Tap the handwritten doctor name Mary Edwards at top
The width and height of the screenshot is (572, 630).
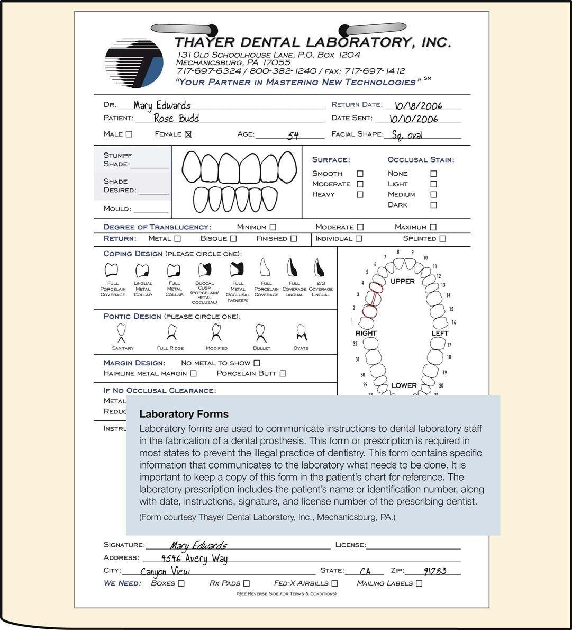coord(162,105)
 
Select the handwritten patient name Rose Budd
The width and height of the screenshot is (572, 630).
coord(176,118)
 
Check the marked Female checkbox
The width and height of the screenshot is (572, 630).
coord(188,134)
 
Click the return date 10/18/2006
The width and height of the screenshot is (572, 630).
coord(418,106)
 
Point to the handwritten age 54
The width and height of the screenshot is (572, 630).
coord(293,136)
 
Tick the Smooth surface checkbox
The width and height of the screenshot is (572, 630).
coord(360,174)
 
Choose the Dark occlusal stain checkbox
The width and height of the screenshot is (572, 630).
coord(433,205)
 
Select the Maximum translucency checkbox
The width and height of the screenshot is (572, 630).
coord(433,227)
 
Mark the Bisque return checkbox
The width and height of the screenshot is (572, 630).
coord(233,239)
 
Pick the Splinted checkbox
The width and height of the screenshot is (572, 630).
coord(442,239)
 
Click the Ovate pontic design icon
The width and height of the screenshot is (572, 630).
coord(301,332)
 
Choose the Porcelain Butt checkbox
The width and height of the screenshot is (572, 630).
coord(283,373)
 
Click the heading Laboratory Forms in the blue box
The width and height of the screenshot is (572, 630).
coord(184,414)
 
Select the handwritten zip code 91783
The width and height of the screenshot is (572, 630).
coord(435,571)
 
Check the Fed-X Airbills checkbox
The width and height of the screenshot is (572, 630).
coord(334,583)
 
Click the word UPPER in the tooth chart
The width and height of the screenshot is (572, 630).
coord(403,281)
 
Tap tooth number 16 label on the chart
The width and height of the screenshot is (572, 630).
coord(453,322)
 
